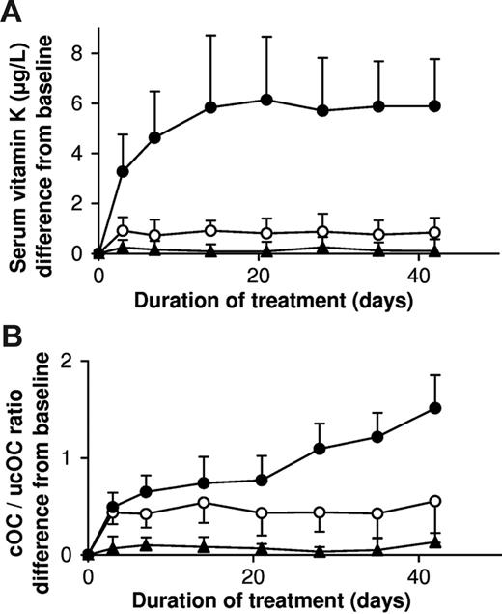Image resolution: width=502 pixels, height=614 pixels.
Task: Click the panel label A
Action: tap(13, 13)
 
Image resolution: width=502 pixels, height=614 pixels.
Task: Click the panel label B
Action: tap(13, 332)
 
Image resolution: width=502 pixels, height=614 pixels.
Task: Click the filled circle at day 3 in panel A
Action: tap(123, 171)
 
